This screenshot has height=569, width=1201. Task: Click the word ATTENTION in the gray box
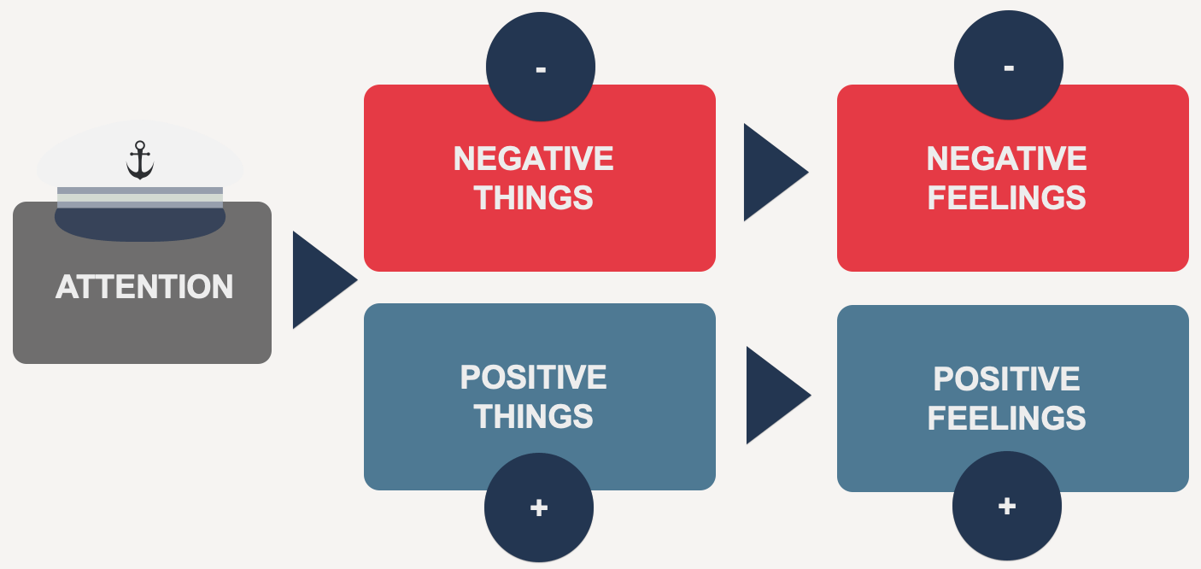click(x=144, y=287)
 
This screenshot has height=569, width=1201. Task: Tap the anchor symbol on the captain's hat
click(x=139, y=161)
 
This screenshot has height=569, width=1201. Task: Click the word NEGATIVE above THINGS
click(x=533, y=159)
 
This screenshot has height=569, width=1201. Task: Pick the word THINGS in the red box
click(x=533, y=198)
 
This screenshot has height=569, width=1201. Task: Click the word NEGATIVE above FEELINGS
click(x=1006, y=159)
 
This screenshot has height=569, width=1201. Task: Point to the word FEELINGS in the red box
click(x=1006, y=198)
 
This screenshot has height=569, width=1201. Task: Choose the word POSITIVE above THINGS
click(x=533, y=378)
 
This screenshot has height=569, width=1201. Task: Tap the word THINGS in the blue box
click(x=533, y=417)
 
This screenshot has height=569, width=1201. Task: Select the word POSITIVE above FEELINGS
click(x=1006, y=378)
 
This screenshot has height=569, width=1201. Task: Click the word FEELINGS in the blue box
click(x=1006, y=418)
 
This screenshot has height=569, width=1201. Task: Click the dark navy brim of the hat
click(x=140, y=224)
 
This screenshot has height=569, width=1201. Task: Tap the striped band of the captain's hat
click(x=140, y=197)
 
